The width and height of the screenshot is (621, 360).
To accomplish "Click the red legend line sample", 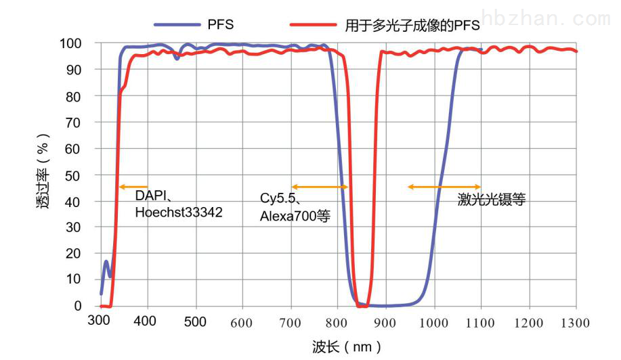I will (313, 24).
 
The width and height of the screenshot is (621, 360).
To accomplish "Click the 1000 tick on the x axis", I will (433, 322).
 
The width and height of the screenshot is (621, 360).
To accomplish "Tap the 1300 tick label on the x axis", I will (576, 322).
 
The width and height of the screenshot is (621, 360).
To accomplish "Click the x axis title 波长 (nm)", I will (347, 347).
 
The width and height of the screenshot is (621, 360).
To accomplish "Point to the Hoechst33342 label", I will (179, 212).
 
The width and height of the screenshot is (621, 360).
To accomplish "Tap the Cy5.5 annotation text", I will (282, 200).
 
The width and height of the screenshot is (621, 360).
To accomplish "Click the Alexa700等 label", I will (291, 215).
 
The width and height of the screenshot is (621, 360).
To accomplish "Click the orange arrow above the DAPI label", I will (133, 187).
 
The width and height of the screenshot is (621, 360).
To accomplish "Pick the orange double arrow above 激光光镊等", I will (444, 187).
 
